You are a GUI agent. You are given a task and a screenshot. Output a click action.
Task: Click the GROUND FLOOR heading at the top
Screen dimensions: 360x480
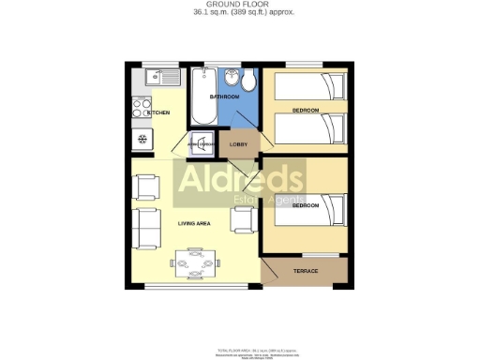pyautogui.click(x=239, y=5)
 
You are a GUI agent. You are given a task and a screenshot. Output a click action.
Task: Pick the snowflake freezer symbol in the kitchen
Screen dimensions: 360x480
pyautogui.click(x=142, y=140)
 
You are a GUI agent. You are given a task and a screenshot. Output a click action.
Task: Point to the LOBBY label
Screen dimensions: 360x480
pyautogui.click(x=238, y=144)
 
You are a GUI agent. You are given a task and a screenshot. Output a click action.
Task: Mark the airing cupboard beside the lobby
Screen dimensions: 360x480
pyautogui.click(x=202, y=143)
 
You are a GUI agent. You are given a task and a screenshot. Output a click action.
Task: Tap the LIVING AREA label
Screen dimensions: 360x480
pyautogui.click(x=193, y=223)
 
